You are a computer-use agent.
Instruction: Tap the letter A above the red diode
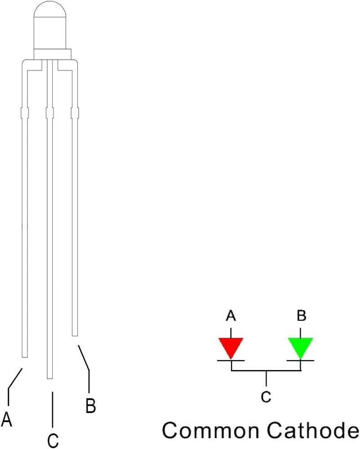coord(231,316)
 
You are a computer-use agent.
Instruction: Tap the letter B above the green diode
coord(302,315)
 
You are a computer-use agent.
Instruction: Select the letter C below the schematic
coord(266,397)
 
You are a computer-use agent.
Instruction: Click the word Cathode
coord(313,430)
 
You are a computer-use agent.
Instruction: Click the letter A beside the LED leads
coord(7,419)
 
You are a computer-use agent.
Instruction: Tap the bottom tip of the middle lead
coord(50,379)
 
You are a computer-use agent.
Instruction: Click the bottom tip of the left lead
coord(25,357)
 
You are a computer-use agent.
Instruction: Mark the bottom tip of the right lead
coord(75,335)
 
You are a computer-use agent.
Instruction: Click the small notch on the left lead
coord(25,113)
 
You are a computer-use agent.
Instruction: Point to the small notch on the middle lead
coord(50,113)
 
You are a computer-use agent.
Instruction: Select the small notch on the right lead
coord(75,113)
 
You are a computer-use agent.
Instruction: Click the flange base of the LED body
coord(52,54)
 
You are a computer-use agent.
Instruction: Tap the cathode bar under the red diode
coord(231,360)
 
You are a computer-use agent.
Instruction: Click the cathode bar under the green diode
coord(300,360)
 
